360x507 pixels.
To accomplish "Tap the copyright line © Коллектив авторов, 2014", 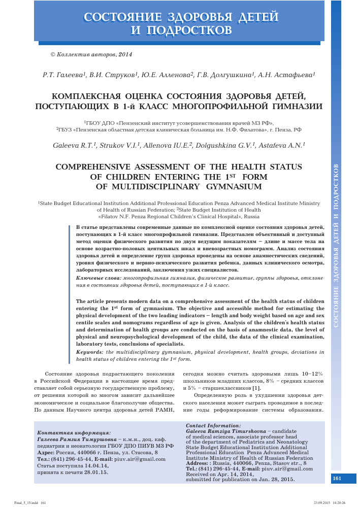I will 91,54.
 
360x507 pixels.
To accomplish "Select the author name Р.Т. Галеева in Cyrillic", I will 64,75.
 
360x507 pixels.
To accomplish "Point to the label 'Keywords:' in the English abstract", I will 90,352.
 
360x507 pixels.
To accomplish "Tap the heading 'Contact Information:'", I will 214,425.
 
